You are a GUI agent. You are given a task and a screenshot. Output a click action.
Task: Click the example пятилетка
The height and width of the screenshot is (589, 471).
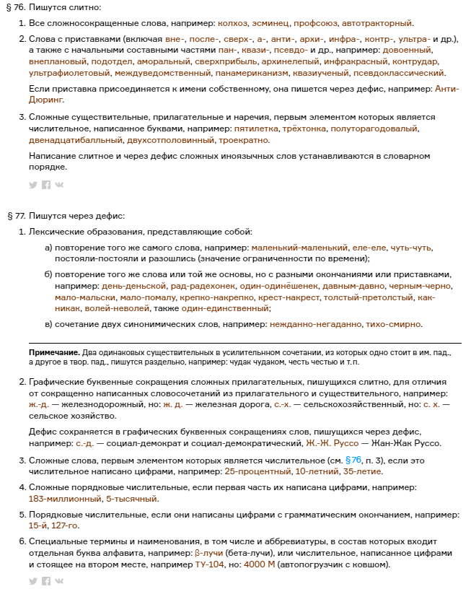coord(255,128)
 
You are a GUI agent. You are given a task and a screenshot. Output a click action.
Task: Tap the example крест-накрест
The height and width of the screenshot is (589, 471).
coord(290,297)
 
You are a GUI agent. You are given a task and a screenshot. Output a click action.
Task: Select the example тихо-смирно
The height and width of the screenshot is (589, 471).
coord(395,325)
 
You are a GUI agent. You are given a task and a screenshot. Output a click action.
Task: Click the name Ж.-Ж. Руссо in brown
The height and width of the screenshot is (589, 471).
coord(331,442)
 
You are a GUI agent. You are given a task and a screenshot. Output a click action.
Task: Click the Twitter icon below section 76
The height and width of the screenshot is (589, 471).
coord(32,185)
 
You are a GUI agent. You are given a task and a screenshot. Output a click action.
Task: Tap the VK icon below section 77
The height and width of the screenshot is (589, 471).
coord(58,581)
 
